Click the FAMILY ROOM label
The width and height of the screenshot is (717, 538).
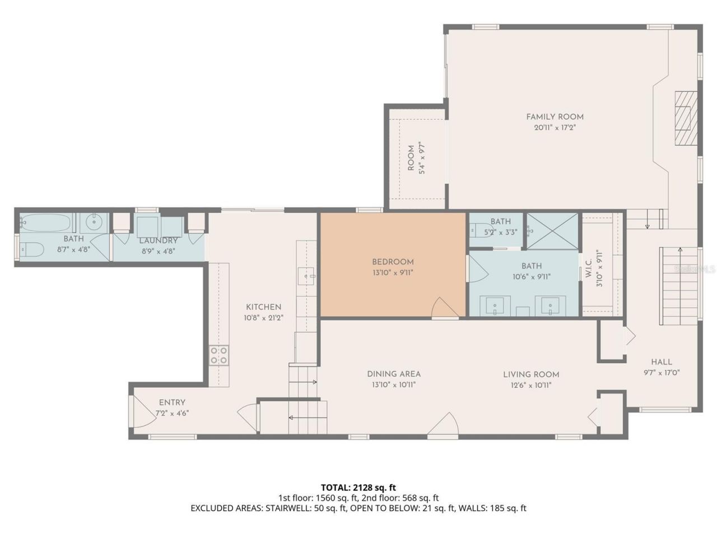555,117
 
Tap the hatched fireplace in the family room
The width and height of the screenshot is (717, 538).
683,118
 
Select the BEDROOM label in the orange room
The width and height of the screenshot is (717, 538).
393,262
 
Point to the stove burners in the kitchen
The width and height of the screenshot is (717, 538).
219,355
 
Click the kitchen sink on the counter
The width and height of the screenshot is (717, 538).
306,276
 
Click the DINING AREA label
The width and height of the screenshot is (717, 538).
394,374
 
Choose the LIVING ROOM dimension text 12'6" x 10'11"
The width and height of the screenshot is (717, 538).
531,385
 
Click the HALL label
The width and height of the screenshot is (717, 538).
661,362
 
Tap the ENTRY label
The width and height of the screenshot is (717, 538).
172,402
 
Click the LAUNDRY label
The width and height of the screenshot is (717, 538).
159,241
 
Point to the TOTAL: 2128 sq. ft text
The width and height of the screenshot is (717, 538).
358,487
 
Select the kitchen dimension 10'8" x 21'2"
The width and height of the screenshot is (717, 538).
263,318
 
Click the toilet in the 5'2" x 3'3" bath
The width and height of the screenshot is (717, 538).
481,229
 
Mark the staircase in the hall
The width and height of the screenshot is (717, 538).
679,286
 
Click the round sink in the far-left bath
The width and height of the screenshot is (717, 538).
94,223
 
